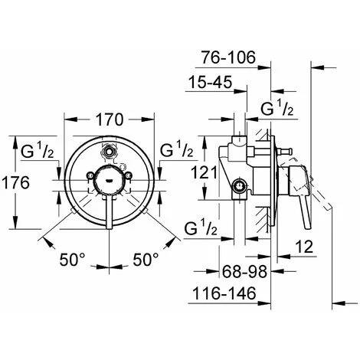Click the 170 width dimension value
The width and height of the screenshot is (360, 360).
click(x=110, y=119)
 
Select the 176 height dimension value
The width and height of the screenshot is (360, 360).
click(x=16, y=183)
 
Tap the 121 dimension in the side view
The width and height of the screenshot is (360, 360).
click(x=204, y=172)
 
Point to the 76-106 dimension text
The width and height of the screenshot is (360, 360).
click(x=228, y=57)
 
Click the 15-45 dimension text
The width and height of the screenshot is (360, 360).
click(x=210, y=82)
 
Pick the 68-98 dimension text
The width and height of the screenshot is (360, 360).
click(x=244, y=272)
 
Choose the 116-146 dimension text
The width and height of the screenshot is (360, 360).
click(x=224, y=293)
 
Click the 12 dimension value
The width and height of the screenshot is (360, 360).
click(x=304, y=247)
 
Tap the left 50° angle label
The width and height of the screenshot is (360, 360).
click(x=72, y=260)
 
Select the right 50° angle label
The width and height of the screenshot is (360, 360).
click(x=146, y=260)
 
